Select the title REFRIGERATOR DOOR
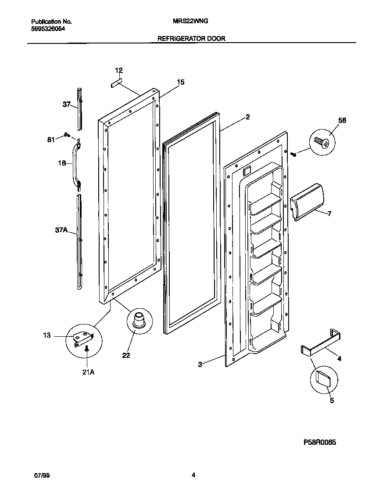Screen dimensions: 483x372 [191, 39]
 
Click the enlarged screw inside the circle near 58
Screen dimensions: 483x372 [322, 141]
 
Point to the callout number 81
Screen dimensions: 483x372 [51, 140]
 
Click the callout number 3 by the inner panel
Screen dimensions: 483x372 [200, 364]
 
